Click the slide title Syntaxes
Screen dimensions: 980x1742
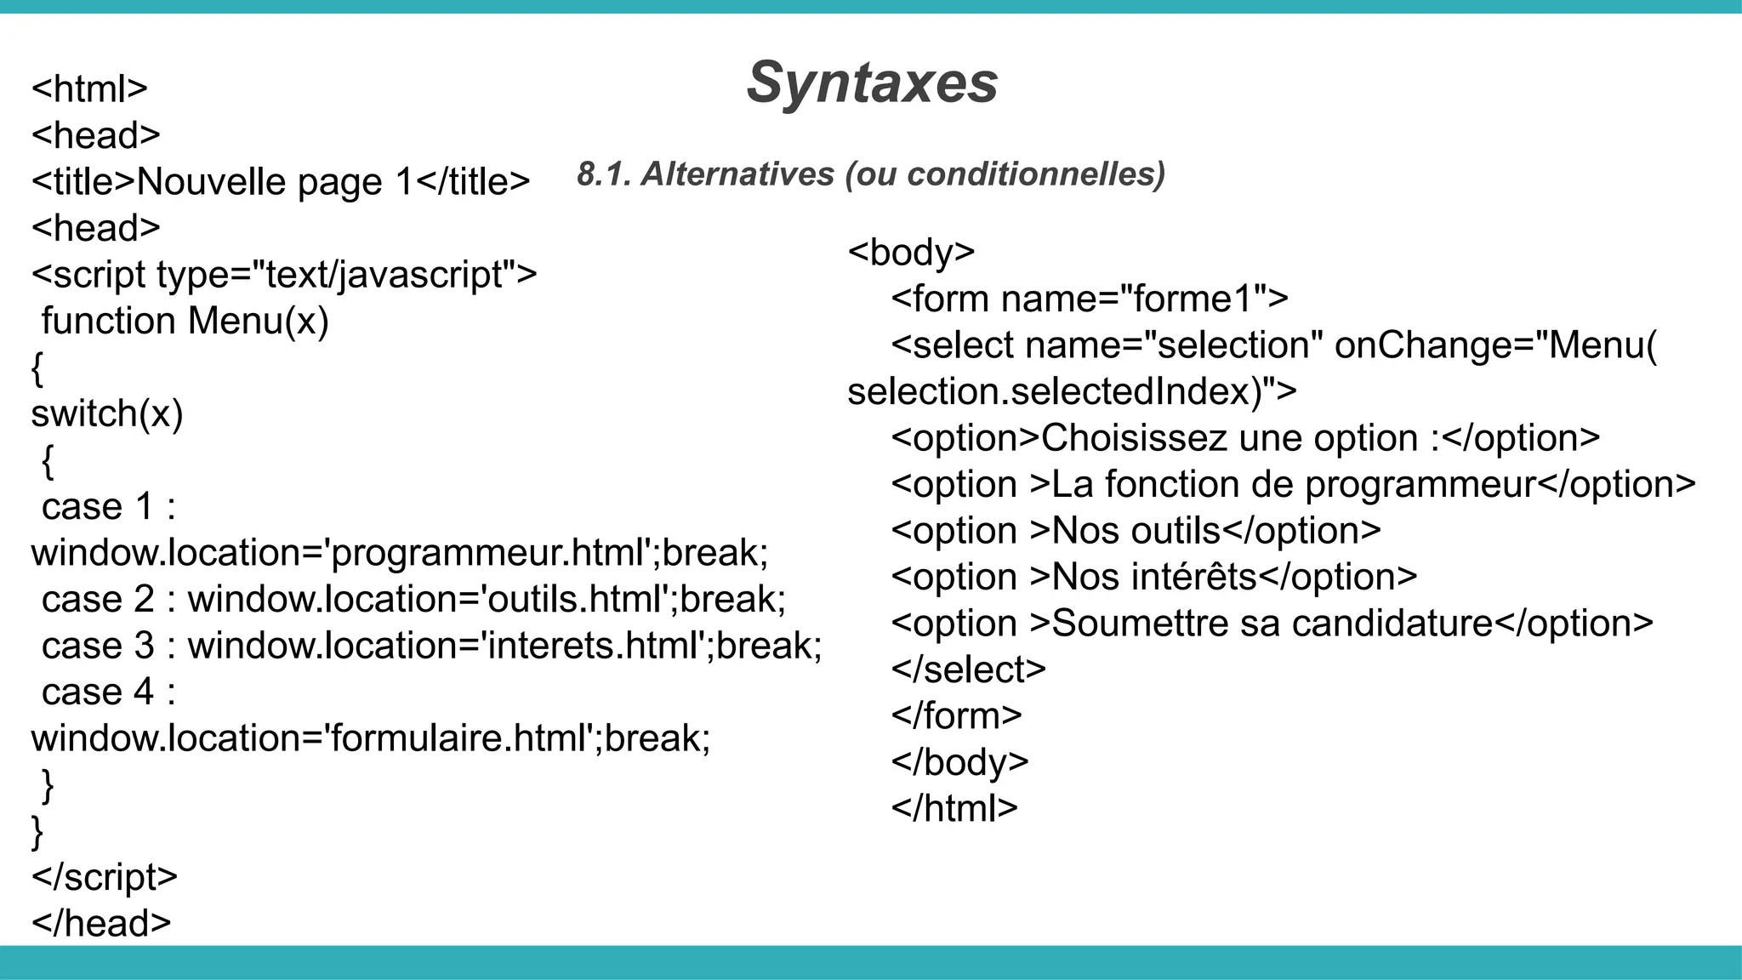[872, 83]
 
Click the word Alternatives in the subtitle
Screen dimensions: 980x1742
[737, 174]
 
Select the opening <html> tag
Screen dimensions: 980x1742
[89, 89]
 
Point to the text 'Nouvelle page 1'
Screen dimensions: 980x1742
[275, 182]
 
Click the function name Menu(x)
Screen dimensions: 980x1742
[258, 322]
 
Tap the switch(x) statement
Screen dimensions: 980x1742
[107, 414]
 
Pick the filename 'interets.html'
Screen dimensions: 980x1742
[595, 647]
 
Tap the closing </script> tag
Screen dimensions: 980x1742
[105, 878]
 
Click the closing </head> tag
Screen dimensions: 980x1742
[101, 924]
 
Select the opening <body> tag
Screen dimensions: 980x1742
[911, 253]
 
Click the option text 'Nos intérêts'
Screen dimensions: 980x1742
[1154, 578]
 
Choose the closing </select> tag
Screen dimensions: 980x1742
[968, 670]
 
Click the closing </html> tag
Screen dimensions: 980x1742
[954, 809]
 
